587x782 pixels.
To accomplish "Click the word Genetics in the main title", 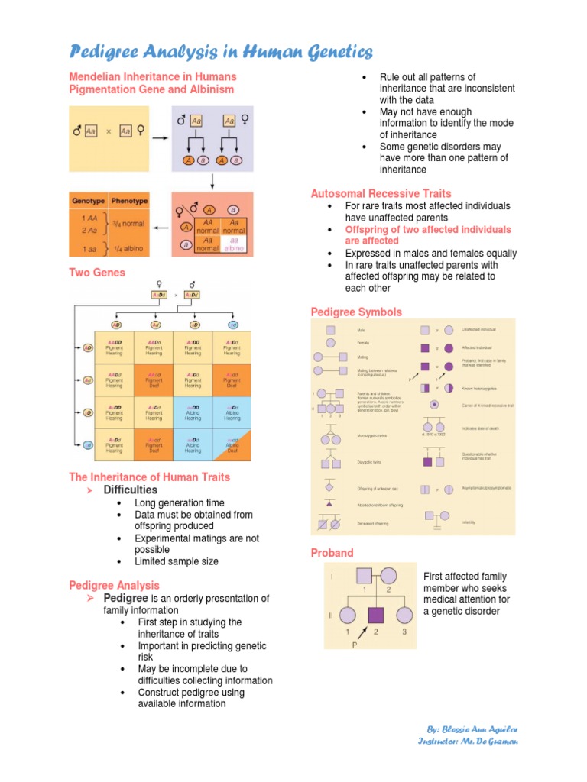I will pyautogui.click(x=324, y=52).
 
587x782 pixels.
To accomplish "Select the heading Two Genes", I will pyautogui.click(x=97, y=273).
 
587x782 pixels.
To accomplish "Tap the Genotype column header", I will pyautogui.click(x=88, y=200).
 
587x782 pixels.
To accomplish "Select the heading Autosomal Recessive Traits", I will pyautogui.click(x=381, y=193).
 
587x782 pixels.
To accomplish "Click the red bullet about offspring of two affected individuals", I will pyautogui.click(x=427, y=235).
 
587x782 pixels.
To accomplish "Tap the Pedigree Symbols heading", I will pyautogui.click(x=356, y=312).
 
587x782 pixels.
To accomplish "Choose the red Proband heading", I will pyautogui.click(x=332, y=552).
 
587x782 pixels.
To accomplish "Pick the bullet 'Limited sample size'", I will pyautogui.click(x=176, y=561).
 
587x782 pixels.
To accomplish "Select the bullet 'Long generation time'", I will pyautogui.click(x=179, y=503).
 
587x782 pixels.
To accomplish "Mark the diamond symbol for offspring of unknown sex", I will pyautogui.click(x=329, y=487).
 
